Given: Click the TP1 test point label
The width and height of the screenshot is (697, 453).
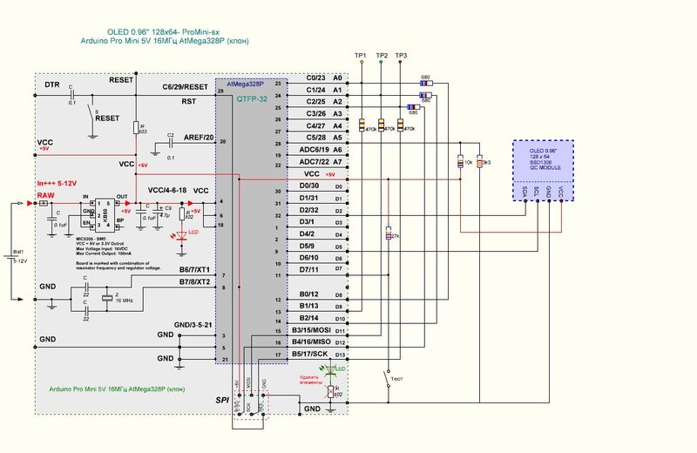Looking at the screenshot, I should pos(361,56).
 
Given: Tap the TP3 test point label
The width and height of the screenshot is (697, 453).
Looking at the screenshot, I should pos(401,56).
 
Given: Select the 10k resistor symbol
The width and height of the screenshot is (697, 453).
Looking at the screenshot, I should pos(460,161).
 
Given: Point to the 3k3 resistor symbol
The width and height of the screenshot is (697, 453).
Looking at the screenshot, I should pos(479,161).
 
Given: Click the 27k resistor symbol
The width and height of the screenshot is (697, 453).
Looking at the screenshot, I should pos(388,235).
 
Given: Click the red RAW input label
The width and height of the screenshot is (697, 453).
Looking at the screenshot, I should pos(46,195).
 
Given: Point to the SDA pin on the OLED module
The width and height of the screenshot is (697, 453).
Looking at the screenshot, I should pos(524,191).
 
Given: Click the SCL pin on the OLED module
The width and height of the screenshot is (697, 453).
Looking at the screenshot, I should pos(537,191).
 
